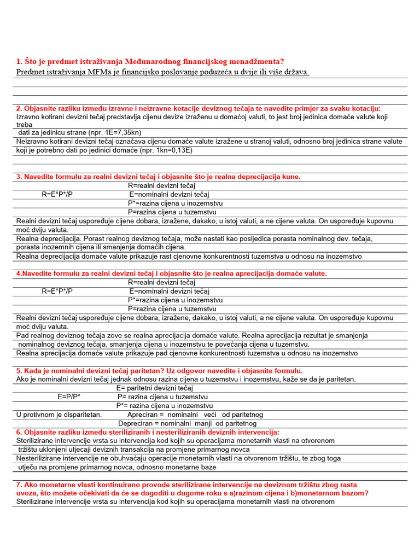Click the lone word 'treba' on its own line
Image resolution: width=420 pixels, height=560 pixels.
25,125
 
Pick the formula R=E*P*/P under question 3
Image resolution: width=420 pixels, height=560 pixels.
57,194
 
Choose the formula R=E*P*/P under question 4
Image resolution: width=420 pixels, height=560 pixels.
57,291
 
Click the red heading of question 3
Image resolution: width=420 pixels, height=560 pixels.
159,177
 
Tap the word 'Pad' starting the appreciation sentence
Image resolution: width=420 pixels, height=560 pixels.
22,335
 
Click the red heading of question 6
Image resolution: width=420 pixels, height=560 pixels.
148,432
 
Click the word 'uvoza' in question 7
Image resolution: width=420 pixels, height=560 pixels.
26,493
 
